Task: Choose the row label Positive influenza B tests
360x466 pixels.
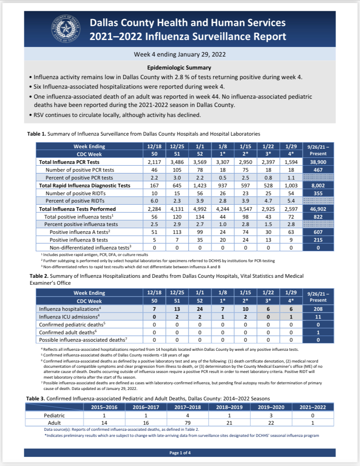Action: [79, 240]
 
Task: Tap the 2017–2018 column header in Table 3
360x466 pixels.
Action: [188, 407]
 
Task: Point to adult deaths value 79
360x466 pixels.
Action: [188, 423]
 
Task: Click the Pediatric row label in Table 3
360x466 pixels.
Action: [55, 415]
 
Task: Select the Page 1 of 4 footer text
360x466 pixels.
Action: [180, 453]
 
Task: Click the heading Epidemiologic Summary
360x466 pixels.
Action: [179, 68]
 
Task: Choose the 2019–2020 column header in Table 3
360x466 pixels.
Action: [271, 407]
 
